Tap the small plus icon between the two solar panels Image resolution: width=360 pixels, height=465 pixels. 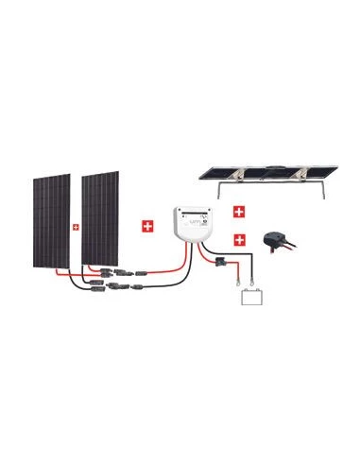pos(75,227)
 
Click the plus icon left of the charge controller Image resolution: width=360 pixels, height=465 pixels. pos(146,226)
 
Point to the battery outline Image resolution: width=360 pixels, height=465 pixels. pos(250,300)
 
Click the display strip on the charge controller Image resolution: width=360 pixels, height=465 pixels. pos(190,215)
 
